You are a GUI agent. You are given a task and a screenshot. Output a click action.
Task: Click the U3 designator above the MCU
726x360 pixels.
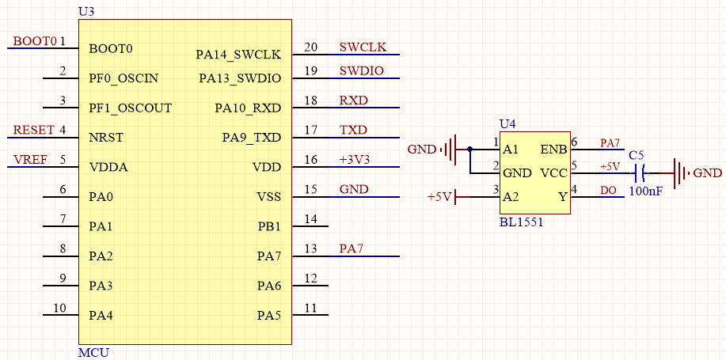(86, 11)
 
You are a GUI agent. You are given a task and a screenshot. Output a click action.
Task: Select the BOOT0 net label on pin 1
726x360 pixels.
(36, 41)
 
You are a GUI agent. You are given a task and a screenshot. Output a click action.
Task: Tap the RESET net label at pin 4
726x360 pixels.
(34, 130)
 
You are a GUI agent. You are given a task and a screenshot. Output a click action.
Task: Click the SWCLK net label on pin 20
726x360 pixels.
(363, 47)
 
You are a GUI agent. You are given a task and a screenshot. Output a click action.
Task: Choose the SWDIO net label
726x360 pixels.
(361, 71)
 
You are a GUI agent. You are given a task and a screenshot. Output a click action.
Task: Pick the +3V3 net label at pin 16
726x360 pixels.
(354, 160)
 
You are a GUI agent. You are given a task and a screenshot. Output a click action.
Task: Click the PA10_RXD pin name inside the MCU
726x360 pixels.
(248, 108)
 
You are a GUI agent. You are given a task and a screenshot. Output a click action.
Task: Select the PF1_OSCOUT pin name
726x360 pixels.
(130, 108)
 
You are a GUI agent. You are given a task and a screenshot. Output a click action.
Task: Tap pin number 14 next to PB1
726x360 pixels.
(310, 219)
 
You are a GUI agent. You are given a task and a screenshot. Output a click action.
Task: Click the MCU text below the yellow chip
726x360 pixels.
(93, 352)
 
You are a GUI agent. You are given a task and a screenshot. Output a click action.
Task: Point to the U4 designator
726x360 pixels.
(507, 123)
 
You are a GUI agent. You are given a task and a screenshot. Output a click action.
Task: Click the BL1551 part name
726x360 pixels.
(521, 222)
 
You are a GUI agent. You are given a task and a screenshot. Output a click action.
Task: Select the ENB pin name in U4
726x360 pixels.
(553, 149)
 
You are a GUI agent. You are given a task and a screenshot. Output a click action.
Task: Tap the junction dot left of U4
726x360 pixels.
(469, 149)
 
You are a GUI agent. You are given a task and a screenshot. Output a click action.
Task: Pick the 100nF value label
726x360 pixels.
(646, 191)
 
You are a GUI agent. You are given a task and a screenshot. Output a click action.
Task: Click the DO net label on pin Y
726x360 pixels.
(608, 190)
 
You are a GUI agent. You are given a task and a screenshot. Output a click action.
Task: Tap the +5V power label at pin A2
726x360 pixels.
(439, 196)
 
